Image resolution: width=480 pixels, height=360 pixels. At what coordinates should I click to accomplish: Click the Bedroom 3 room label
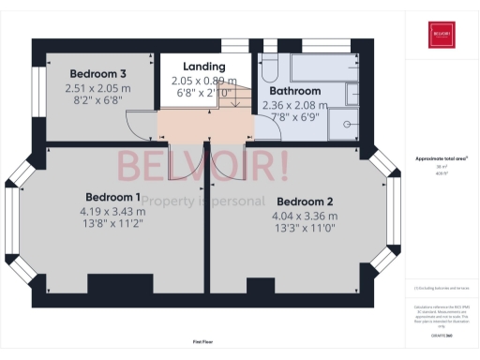pos(97,73)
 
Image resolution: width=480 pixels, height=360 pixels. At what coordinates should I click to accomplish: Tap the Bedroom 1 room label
pos(112,197)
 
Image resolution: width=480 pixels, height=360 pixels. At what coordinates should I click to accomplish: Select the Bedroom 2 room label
pos(306,202)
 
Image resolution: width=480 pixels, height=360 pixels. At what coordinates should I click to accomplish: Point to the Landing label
pos(203,67)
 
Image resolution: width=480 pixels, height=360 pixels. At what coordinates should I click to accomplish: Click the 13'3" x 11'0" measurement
pos(306,228)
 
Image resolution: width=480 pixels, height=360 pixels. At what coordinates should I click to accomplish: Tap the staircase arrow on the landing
pos(235,101)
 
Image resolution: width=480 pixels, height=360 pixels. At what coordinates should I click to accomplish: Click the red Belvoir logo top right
pos(442,36)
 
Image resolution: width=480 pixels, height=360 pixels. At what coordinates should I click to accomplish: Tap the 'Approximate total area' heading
pos(441,159)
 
